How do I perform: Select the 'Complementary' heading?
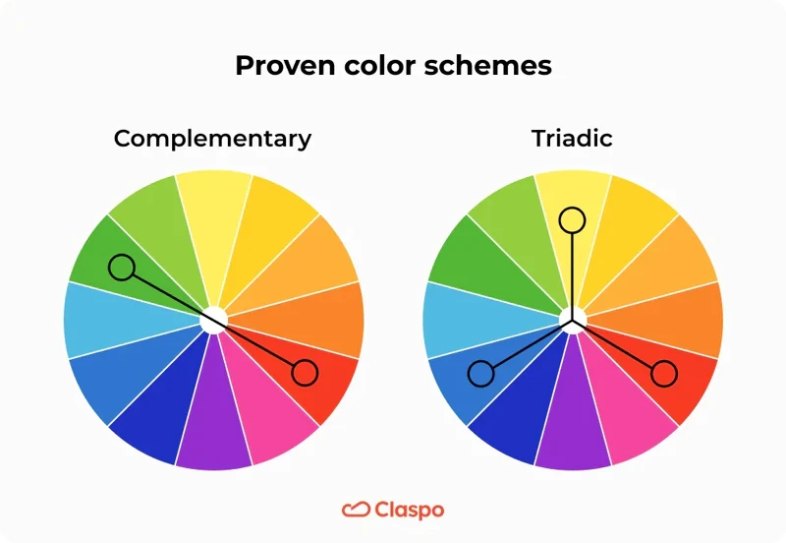pos(212,138)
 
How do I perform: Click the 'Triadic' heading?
pos(572,138)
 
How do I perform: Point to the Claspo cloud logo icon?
pos(355,510)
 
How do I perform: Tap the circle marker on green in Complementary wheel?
pos(121,267)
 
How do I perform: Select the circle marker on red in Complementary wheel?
pos(305,373)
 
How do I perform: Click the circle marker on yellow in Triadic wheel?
pos(572,218)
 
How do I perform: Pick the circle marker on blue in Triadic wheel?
pos(480,373)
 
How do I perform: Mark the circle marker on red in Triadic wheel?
pos(664,373)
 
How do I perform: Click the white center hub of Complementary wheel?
pos(213,320)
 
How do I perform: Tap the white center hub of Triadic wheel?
pos(573,320)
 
